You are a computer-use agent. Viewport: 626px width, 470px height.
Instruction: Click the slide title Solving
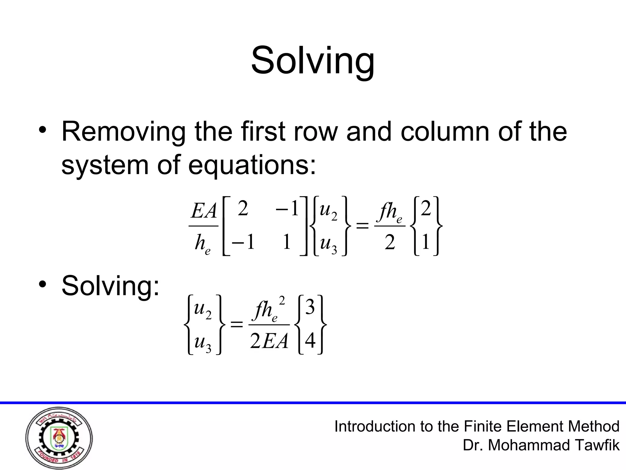tap(312, 60)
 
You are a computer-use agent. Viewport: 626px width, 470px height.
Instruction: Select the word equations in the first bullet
tap(252, 165)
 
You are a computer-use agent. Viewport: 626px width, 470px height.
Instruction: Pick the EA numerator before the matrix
tap(204, 211)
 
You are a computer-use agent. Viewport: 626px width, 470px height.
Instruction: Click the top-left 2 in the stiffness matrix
tap(243, 209)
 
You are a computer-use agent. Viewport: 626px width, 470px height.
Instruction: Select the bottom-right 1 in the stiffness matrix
tap(286, 242)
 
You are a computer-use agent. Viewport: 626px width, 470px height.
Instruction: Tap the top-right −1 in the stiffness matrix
tap(287, 209)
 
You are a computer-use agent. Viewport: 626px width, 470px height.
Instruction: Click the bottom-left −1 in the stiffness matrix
tap(243, 242)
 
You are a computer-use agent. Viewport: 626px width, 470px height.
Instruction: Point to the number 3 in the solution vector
tap(310, 308)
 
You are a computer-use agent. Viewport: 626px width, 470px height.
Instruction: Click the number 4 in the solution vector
tap(310, 341)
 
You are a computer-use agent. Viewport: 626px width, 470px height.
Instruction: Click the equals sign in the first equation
tap(363, 226)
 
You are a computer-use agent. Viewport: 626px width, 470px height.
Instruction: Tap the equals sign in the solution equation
tap(236, 324)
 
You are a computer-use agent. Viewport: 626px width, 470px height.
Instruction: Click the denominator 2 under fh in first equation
tap(390, 243)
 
